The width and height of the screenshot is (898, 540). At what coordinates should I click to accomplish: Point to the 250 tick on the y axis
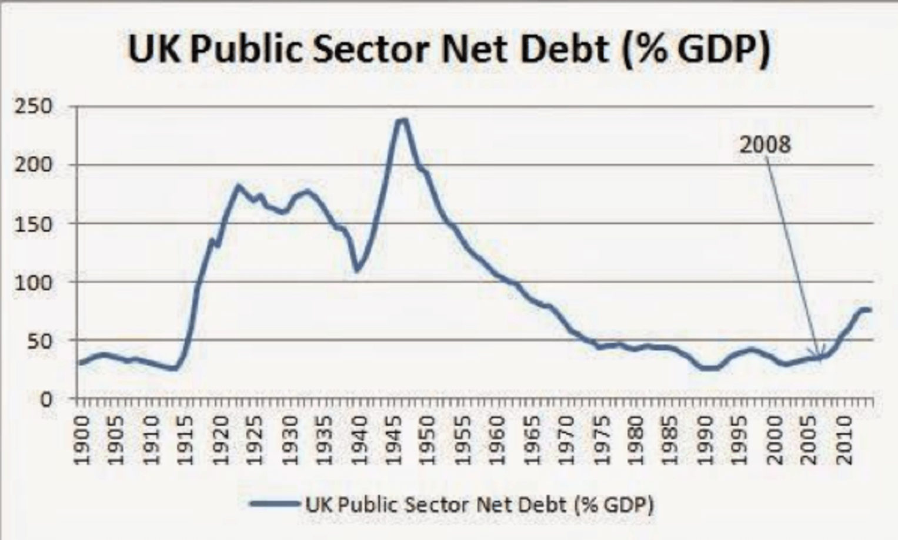[x=36, y=107]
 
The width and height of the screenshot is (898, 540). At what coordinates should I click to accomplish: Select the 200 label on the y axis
[x=36, y=165]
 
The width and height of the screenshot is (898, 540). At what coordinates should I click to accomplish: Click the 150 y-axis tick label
[x=36, y=224]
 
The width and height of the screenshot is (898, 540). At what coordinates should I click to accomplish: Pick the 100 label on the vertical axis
[x=36, y=282]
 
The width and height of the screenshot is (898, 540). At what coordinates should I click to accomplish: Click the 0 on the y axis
[x=46, y=399]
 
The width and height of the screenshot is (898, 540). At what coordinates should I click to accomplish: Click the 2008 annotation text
[x=765, y=145]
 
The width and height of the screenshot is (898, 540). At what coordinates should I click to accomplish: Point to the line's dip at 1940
[x=357, y=270]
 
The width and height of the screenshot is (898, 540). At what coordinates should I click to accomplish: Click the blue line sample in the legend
[x=274, y=504]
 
